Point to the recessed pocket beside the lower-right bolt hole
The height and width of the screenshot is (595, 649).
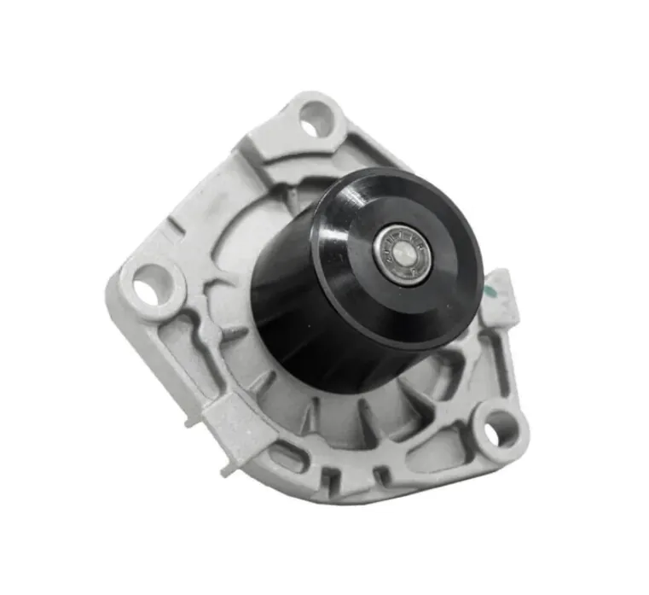coord(443,444)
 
